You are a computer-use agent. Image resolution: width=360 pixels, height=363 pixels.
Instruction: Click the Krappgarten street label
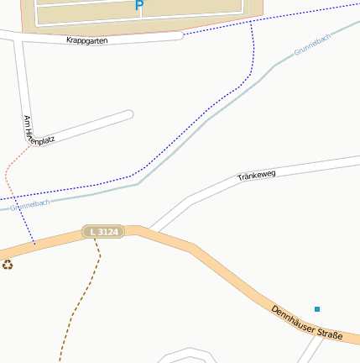pyautogui.click(x=86, y=39)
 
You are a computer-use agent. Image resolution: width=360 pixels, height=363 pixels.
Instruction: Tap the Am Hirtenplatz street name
pyautogui.click(x=39, y=130)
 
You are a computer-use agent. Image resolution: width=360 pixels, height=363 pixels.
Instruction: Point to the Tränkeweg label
pyautogui.click(x=256, y=176)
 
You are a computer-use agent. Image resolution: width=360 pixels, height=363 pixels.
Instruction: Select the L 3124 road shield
pyautogui.click(x=103, y=231)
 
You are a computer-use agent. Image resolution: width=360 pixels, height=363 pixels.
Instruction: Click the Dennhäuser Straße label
pyautogui.click(x=306, y=323)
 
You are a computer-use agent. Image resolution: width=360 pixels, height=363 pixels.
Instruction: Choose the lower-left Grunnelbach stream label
pyautogui.click(x=30, y=203)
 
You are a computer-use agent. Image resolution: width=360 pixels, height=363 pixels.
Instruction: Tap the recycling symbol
pyautogui.click(x=8, y=265)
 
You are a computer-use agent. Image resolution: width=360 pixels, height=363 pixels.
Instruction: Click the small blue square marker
pyautogui.click(x=317, y=309)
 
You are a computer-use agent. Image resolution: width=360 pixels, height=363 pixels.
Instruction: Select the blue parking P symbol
pyautogui.click(x=139, y=6)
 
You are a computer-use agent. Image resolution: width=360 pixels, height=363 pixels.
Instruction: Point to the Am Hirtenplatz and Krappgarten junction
pyautogui.click(x=22, y=37)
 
